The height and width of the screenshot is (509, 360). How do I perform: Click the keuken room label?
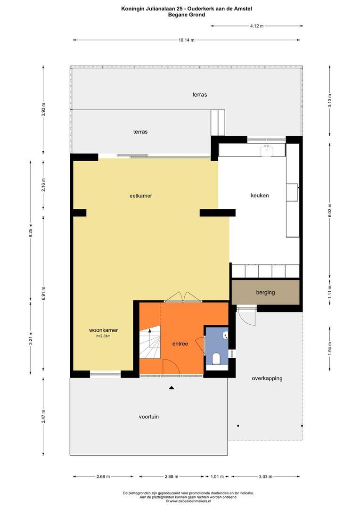[260, 196]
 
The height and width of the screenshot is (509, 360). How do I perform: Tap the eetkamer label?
[141, 196]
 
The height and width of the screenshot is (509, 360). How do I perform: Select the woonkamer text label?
[104, 330]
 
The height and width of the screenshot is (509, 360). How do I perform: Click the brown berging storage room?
[266, 292]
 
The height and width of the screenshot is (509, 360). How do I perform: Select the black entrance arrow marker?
[172, 387]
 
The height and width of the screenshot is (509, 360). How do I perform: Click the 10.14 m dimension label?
[186, 40]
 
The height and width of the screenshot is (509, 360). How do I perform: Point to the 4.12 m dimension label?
[257, 26]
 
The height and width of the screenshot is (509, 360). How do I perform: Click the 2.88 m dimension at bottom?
[172, 476]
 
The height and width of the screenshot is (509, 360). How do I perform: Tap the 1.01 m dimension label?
[217, 476]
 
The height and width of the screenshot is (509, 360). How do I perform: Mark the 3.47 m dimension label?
[43, 416]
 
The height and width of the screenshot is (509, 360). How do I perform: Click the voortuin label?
[149, 417]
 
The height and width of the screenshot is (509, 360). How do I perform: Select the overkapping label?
[267, 378]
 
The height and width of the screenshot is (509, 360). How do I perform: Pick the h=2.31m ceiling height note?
[103, 337]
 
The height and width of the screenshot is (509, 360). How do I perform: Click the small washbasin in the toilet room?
[225, 336]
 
